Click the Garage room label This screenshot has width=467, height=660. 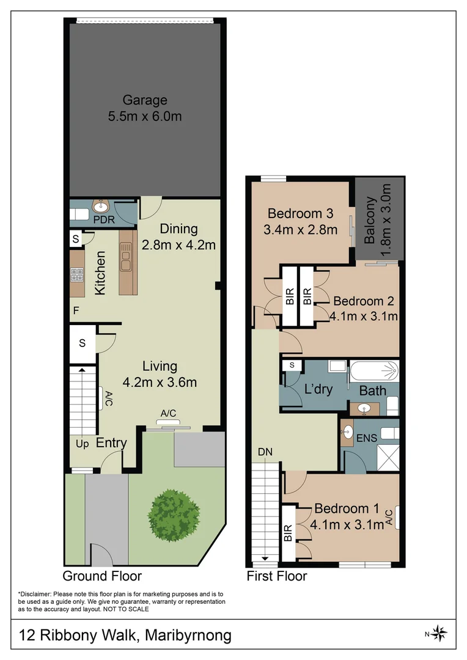click(x=145, y=100)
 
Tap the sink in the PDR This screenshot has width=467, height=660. click(x=101, y=207)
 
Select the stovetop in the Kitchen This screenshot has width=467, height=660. click(x=76, y=275)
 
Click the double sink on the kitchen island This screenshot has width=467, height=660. click(x=125, y=257)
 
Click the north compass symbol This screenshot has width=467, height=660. click(x=439, y=633)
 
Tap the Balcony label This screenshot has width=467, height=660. click(x=370, y=220)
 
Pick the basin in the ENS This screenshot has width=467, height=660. click(x=347, y=431)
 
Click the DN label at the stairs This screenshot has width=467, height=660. click(x=265, y=452)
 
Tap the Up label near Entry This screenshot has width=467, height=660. click(x=83, y=444)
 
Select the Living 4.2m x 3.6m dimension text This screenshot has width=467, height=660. click(x=160, y=382)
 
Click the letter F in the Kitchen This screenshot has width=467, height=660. click(x=76, y=310)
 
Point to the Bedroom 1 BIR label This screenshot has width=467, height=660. click(x=288, y=533)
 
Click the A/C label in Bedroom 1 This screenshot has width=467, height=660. click(x=389, y=518)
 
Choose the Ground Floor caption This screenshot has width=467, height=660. click(x=102, y=576)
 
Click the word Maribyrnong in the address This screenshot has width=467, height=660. click(x=188, y=635)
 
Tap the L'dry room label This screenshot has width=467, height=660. click(x=318, y=389)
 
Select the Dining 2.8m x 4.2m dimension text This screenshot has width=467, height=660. click(x=178, y=244)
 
